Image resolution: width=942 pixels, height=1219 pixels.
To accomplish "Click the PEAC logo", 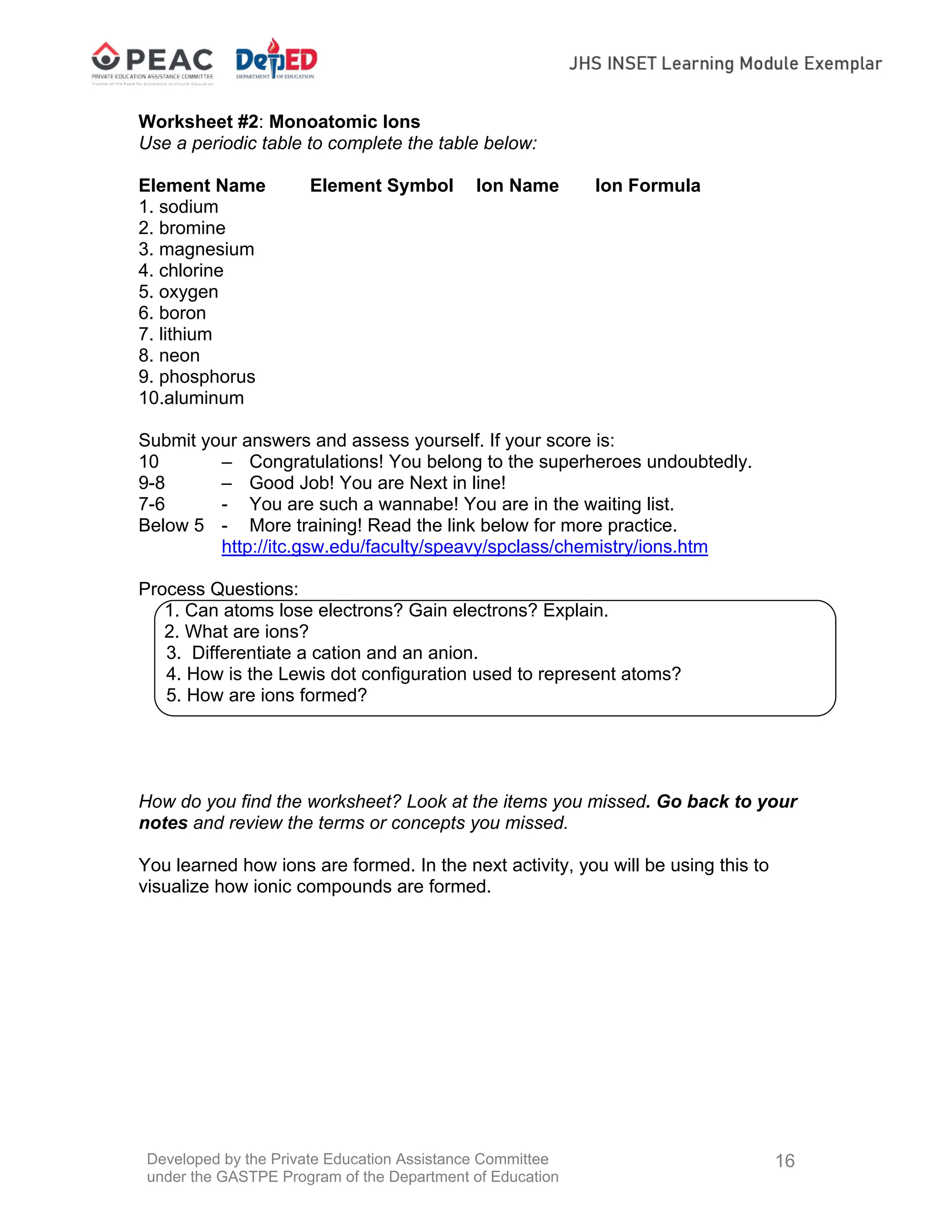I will [x=152, y=63].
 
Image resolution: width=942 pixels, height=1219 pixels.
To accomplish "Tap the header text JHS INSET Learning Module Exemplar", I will [x=725, y=63].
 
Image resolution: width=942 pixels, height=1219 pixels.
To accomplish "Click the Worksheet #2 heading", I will [x=279, y=122].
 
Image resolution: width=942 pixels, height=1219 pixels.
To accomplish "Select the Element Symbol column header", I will [x=381, y=185].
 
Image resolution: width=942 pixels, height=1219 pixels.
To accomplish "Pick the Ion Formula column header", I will [x=647, y=185].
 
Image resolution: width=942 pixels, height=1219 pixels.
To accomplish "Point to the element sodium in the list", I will [x=188, y=207].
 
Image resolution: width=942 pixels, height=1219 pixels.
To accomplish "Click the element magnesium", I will [x=206, y=249].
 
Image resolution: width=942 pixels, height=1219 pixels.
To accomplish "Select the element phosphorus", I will [x=207, y=377].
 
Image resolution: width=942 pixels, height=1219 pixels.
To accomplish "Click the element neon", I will [x=178, y=356].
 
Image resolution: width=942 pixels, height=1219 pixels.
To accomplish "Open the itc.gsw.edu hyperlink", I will [x=464, y=546].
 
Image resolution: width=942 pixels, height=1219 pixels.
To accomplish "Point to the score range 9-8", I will [x=152, y=483].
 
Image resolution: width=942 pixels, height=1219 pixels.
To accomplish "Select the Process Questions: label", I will [x=218, y=589].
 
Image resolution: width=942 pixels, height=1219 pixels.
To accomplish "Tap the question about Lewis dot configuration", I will [x=424, y=674].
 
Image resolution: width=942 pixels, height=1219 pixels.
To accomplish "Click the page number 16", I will [x=785, y=1161].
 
